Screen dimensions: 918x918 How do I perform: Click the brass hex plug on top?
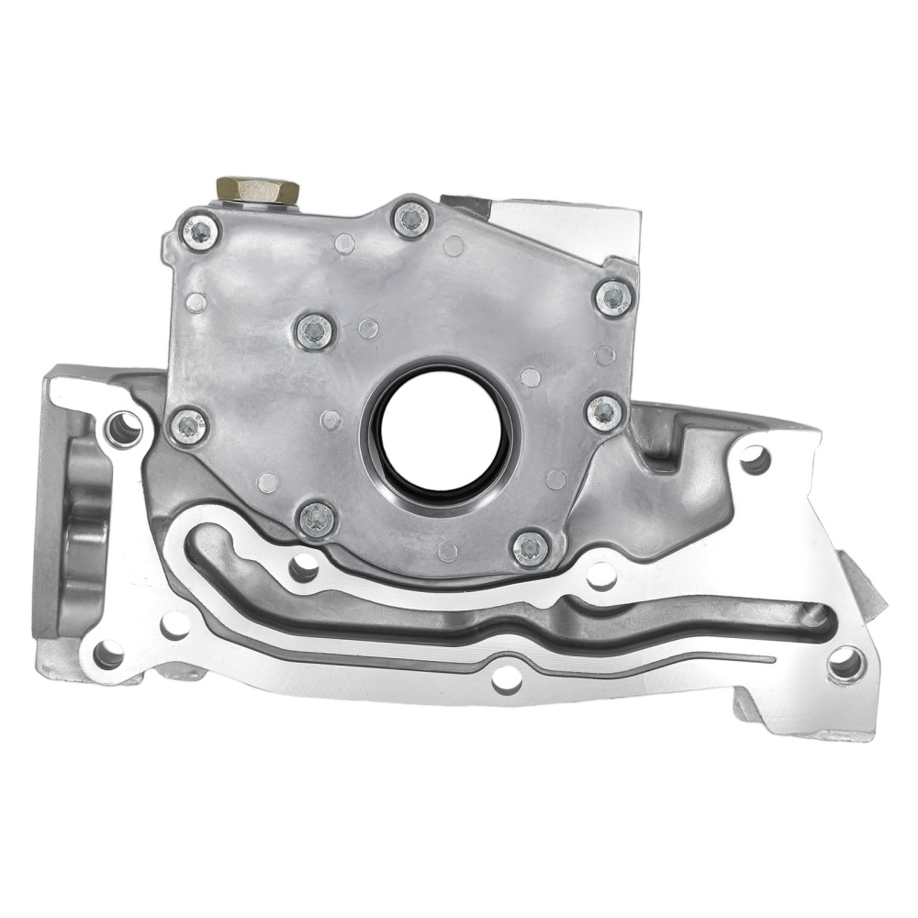[x=258, y=191]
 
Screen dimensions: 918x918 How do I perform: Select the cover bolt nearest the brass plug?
[x=200, y=231]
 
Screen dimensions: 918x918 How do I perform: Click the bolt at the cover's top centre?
[x=411, y=218]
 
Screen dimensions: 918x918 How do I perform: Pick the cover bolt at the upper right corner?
[x=613, y=297]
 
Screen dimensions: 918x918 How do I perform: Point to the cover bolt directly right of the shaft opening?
[x=605, y=412]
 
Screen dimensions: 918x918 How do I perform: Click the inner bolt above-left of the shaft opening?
[x=315, y=331]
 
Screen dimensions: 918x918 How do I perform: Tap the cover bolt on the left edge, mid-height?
[x=189, y=425]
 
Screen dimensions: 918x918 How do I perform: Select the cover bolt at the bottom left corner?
[x=318, y=520]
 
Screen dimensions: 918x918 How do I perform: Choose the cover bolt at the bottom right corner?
[x=531, y=548]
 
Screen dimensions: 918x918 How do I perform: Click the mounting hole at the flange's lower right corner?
[x=845, y=663]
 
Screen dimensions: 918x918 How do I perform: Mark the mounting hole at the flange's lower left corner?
[x=108, y=654]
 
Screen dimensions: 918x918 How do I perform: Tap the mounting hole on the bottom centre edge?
[x=506, y=679]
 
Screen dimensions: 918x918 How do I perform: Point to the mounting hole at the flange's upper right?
[x=755, y=459]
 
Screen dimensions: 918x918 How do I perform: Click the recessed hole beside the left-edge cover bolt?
[x=124, y=427]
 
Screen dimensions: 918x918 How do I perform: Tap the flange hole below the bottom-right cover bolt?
[x=601, y=577]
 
